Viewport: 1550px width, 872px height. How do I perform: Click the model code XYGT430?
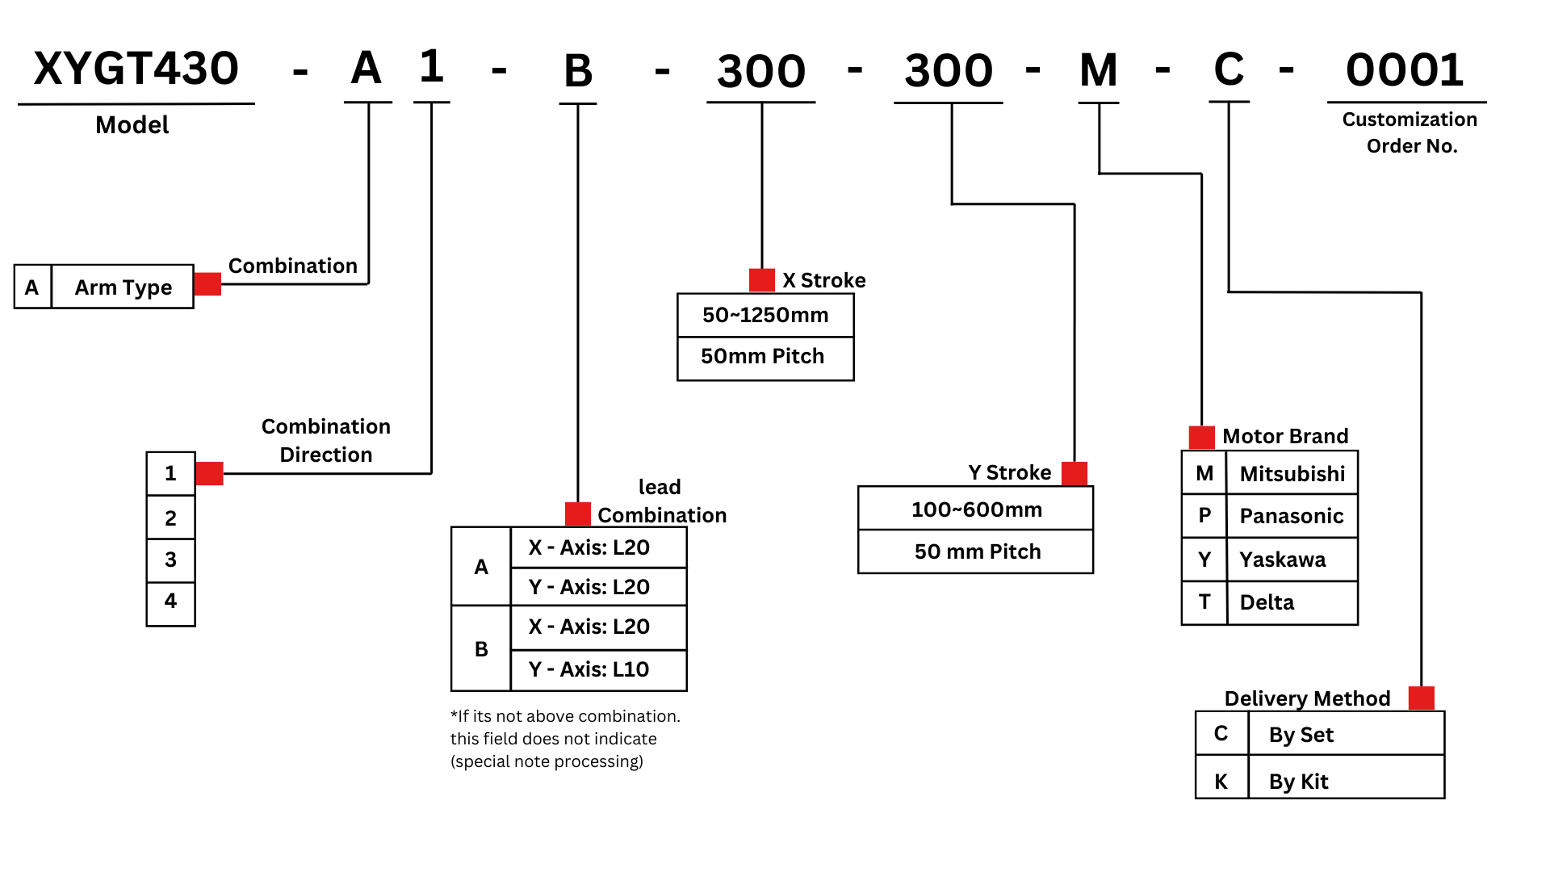[136, 68]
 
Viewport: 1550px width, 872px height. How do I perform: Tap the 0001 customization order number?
[1405, 69]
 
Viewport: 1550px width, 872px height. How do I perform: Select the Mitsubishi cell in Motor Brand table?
[1292, 474]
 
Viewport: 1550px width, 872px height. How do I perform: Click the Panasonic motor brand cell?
[1292, 516]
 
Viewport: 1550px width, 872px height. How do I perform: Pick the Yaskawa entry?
[1283, 560]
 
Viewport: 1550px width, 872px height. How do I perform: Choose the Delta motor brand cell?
[1267, 602]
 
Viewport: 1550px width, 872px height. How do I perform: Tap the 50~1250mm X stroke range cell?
[765, 315]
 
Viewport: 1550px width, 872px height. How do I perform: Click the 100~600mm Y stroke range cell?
[976, 509]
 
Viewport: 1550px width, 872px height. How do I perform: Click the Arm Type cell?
[123, 287]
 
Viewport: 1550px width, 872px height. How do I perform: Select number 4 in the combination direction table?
[170, 601]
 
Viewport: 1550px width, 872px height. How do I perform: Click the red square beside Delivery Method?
[1421, 698]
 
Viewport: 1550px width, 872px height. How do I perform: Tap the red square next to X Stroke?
[761, 280]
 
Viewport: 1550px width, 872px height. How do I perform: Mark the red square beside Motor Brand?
[1201, 437]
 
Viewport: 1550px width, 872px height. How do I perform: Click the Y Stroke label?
[1009, 472]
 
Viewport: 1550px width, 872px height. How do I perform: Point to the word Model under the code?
[132, 125]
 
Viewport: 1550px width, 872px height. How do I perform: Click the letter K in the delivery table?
[1221, 781]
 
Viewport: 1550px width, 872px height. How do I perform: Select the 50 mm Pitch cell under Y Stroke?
[977, 551]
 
